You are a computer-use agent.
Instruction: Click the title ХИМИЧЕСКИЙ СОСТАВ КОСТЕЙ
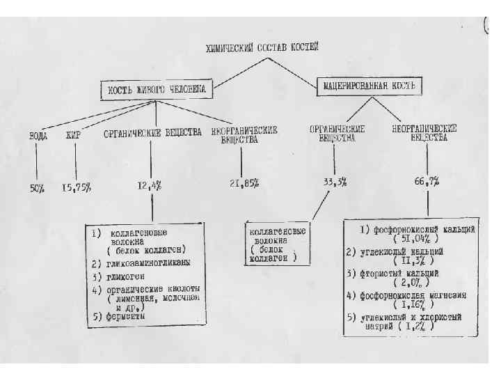262,48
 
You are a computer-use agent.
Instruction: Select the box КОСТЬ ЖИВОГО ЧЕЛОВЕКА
157,90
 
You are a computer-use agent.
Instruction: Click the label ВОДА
38,134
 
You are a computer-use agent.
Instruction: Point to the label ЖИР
73,134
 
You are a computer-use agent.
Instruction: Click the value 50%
37,187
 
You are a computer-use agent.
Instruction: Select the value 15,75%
77,187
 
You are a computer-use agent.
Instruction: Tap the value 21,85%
244,183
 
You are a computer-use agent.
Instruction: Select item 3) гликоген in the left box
126,275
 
